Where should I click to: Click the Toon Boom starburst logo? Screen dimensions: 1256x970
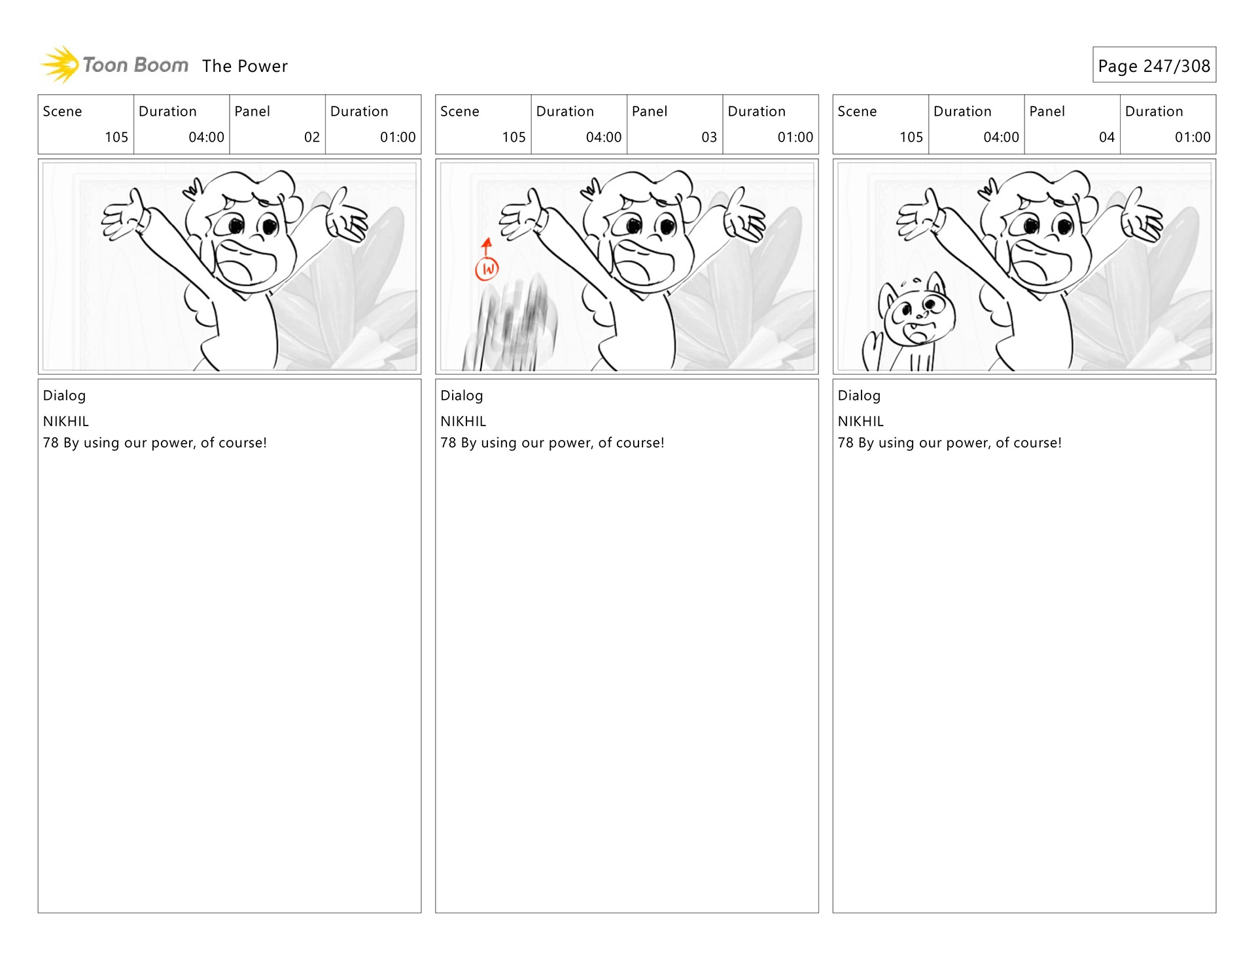pos(60,65)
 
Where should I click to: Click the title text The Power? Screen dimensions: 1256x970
pos(245,66)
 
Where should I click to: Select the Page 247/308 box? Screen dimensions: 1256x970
pos(1154,65)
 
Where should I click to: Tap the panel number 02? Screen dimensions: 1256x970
pos(312,137)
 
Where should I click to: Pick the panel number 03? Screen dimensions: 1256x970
pos(709,137)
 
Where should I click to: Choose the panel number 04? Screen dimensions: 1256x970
pos(1107,137)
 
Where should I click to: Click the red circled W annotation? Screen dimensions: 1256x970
pos(487,269)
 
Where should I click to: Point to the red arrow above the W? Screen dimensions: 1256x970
pos(487,248)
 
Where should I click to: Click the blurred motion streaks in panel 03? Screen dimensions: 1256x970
pos(510,324)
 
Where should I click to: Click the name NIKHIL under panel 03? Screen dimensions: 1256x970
pos(463,422)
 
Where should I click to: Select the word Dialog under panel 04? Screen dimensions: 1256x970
pos(859,395)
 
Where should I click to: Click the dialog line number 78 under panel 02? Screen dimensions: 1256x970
pos(50,443)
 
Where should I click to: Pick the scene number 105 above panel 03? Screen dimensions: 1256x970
pos(514,137)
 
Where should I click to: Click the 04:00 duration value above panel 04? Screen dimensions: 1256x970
pos(1001,137)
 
